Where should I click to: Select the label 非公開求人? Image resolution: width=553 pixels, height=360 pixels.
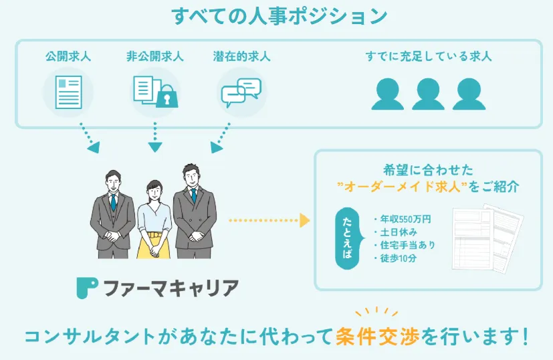click(154, 57)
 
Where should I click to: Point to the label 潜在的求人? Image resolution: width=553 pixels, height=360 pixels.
click(243, 57)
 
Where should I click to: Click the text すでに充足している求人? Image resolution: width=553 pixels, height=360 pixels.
click(429, 57)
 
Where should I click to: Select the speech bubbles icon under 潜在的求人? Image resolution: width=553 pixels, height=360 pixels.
click(241, 92)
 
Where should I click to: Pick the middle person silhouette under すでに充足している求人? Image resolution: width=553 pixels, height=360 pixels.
click(428, 94)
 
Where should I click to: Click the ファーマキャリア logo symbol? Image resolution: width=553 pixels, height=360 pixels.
click(87, 288)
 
